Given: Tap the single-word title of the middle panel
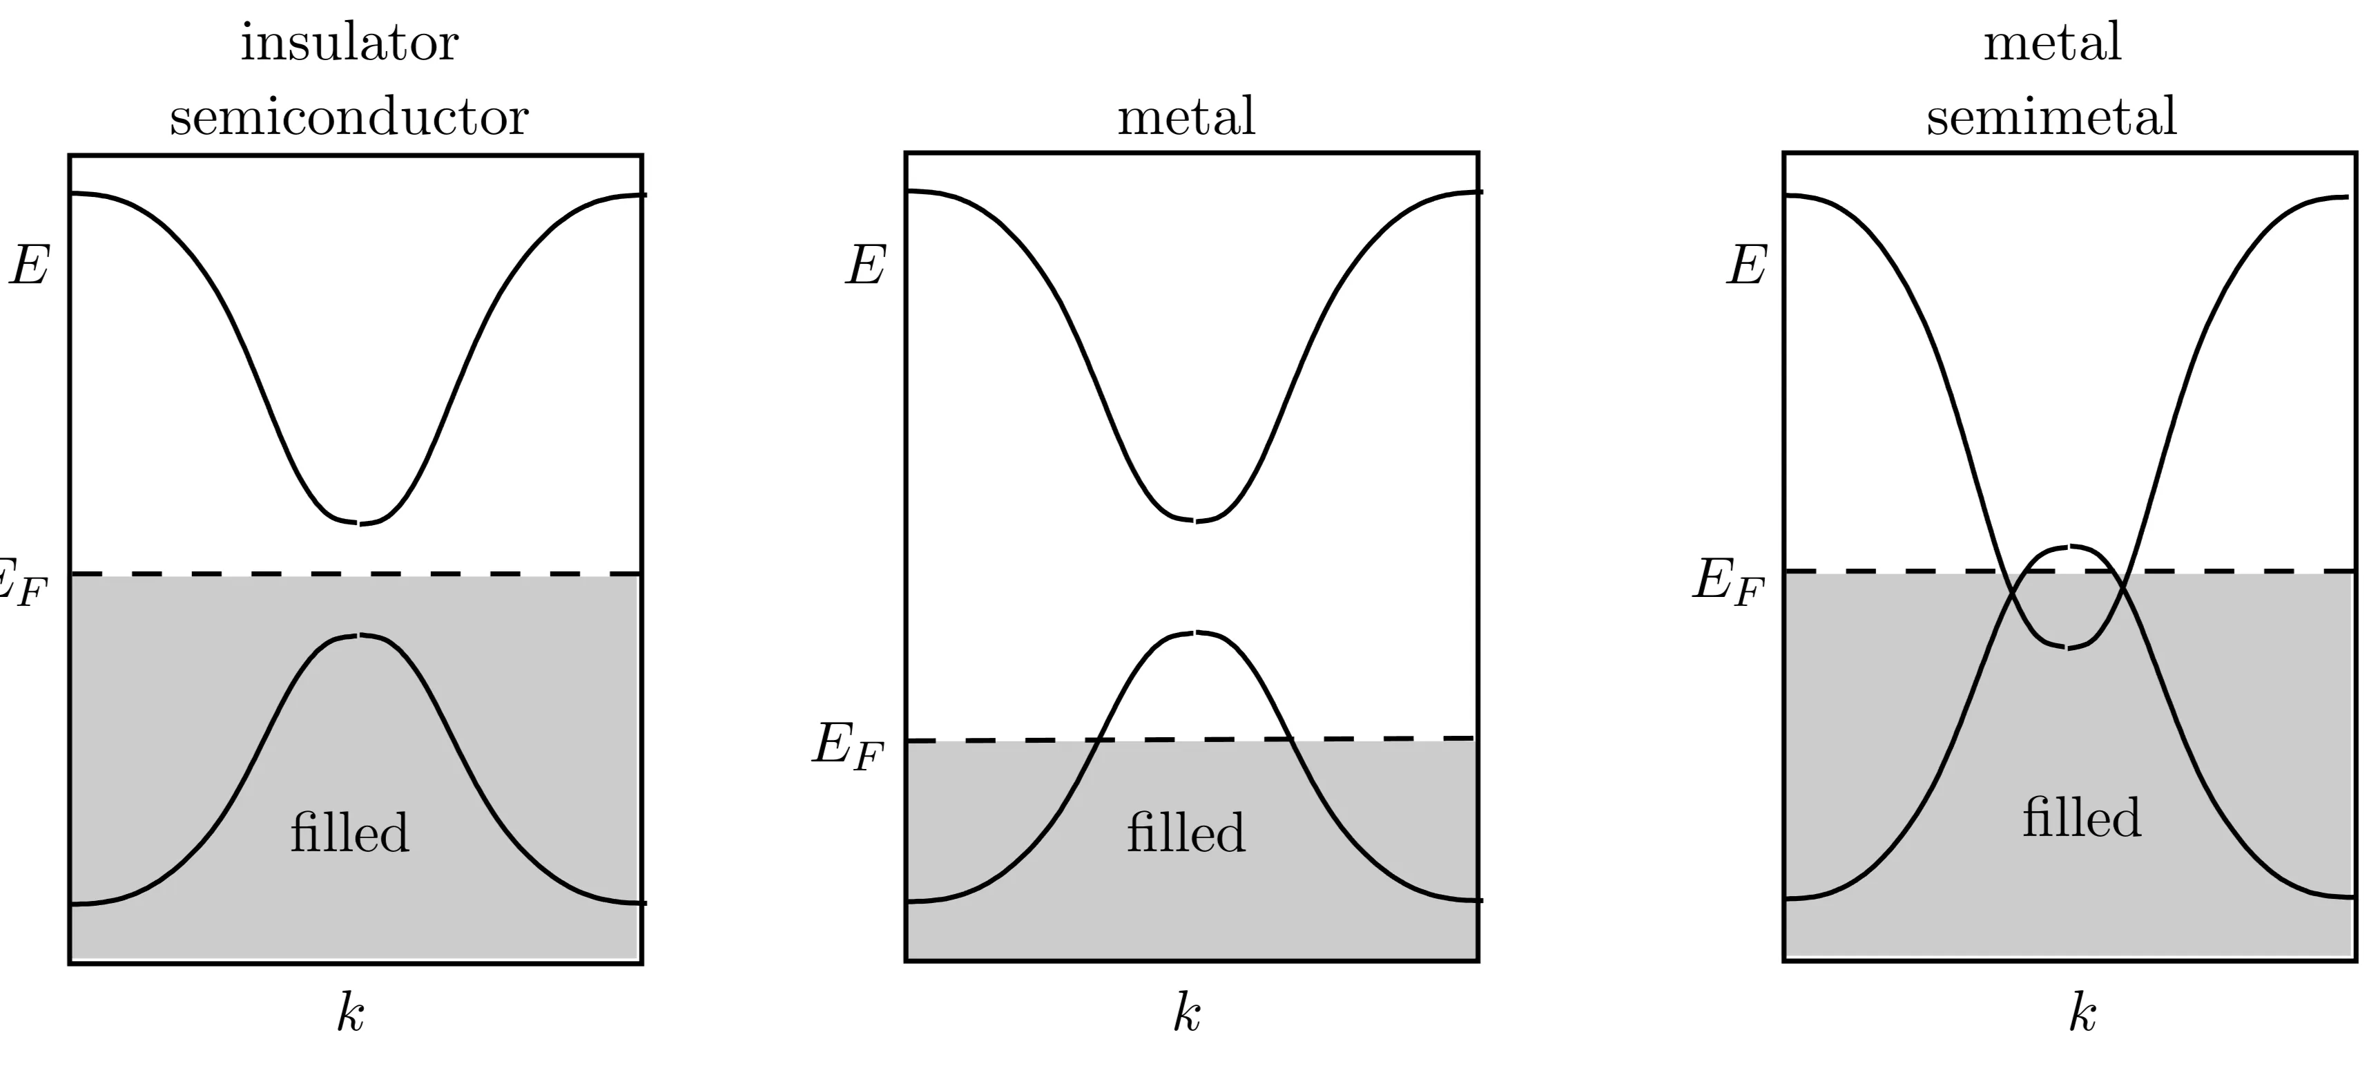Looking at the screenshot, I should click(1186, 117).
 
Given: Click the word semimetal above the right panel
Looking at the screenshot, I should click(2051, 117).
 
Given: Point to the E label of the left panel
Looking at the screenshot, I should click(30, 267).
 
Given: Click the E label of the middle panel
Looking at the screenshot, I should click(866, 267).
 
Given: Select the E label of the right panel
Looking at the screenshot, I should click(1747, 267).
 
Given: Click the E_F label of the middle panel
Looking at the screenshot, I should click(847, 746).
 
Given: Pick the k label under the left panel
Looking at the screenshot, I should click(350, 1014).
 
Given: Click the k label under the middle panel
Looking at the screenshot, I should click(1186, 1014).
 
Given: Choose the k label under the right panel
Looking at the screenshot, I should click(2082, 1014).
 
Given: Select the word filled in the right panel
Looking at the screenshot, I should click(2081, 818).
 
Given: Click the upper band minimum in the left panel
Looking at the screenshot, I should click(359, 524).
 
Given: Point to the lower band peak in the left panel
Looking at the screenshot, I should click(359, 636).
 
